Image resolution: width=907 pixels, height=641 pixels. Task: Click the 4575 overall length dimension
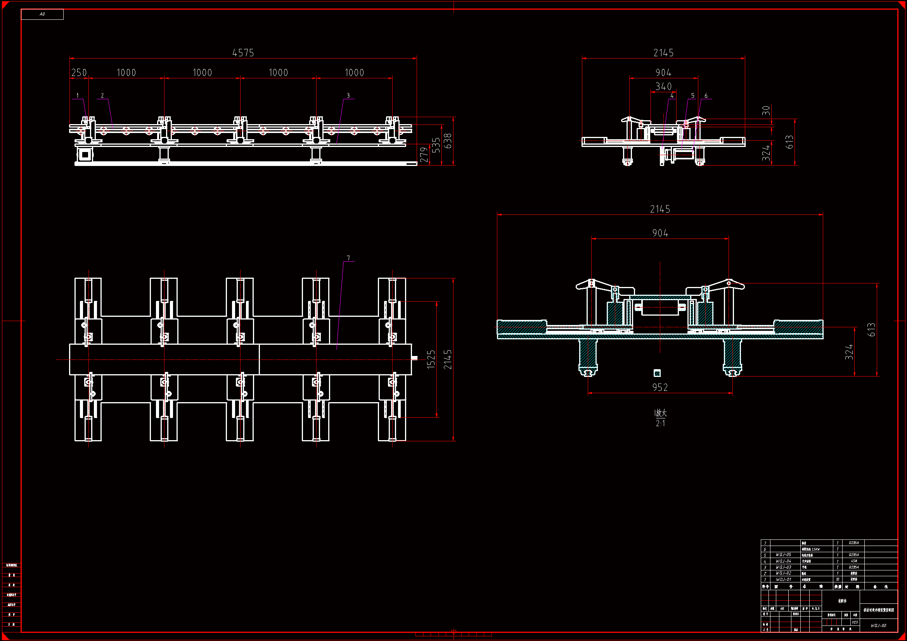click(x=243, y=53)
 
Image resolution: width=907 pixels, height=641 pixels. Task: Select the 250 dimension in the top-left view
click(x=79, y=73)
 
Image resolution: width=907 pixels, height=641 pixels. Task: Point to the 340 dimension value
click(x=663, y=86)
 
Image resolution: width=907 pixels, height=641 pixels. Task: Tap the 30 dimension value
click(x=766, y=110)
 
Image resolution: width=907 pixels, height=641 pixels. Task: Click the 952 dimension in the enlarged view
click(x=660, y=387)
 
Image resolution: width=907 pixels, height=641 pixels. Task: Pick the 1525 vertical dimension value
click(x=431, y=359)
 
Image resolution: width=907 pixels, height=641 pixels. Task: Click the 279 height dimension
click(x=424, y=155)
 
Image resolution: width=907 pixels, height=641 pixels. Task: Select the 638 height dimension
click(x=447, y=141)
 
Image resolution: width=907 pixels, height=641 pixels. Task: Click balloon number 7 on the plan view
click(x=348, y=258)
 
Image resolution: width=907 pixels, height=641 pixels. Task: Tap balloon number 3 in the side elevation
click(x=348, y=95)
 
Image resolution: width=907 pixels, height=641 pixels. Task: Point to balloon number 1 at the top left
click(x=78, y=95)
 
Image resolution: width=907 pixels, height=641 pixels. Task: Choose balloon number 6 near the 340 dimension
click(x=706, y=95)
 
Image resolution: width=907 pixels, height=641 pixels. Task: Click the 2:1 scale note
click(x=660, y=423)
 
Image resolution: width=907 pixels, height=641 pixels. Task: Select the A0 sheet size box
click(x=42, y=14)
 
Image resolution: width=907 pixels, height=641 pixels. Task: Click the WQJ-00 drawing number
click(x=879, y=625)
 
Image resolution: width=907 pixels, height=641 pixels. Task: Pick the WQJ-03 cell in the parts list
click(x=783, y=567)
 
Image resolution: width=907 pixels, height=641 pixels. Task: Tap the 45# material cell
click(x=854, y=561)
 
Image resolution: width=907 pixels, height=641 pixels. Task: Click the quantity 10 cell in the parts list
click(x=837, y=579)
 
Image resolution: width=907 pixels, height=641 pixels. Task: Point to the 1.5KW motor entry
click(x=811, y=549)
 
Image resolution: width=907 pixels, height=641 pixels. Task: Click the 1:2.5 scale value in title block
click(x=855, y=622)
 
